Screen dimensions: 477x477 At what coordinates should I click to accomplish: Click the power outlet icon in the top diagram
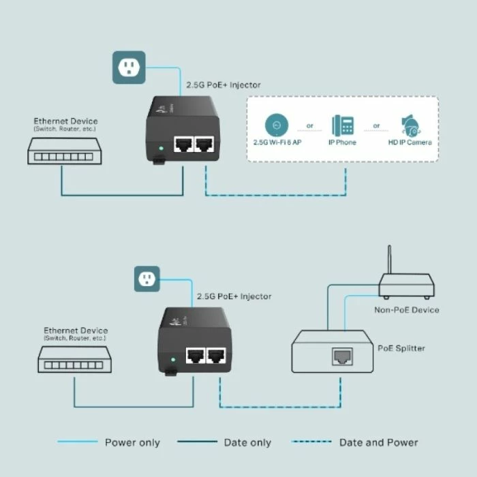pos(127,66)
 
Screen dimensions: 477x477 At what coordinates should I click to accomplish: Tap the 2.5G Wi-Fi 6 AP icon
pos(275,125)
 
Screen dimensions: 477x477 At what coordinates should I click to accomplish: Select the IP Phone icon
pos(343,125)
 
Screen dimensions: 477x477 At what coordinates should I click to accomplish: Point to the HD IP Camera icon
pos(410,125)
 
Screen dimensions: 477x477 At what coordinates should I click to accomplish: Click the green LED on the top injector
pos(160,147)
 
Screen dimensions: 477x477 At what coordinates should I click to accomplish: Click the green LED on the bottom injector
pos(175,358)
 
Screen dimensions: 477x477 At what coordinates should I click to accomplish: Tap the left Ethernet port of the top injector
pos(182,144)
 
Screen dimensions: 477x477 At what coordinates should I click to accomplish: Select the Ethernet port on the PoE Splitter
pos(341,354)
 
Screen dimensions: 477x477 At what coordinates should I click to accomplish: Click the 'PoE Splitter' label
pos(401,348)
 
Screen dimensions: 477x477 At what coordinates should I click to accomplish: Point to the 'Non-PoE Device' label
pos(407,310)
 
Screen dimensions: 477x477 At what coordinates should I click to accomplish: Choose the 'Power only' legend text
pos(132,442)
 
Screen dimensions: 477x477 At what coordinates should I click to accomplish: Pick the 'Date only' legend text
pos(247,442)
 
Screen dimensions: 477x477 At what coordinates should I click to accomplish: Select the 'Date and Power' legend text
pos(378,442)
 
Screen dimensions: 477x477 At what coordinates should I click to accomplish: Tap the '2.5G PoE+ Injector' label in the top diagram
pos(224,85)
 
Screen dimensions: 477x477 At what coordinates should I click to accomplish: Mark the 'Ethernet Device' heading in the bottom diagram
pos(75,330)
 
